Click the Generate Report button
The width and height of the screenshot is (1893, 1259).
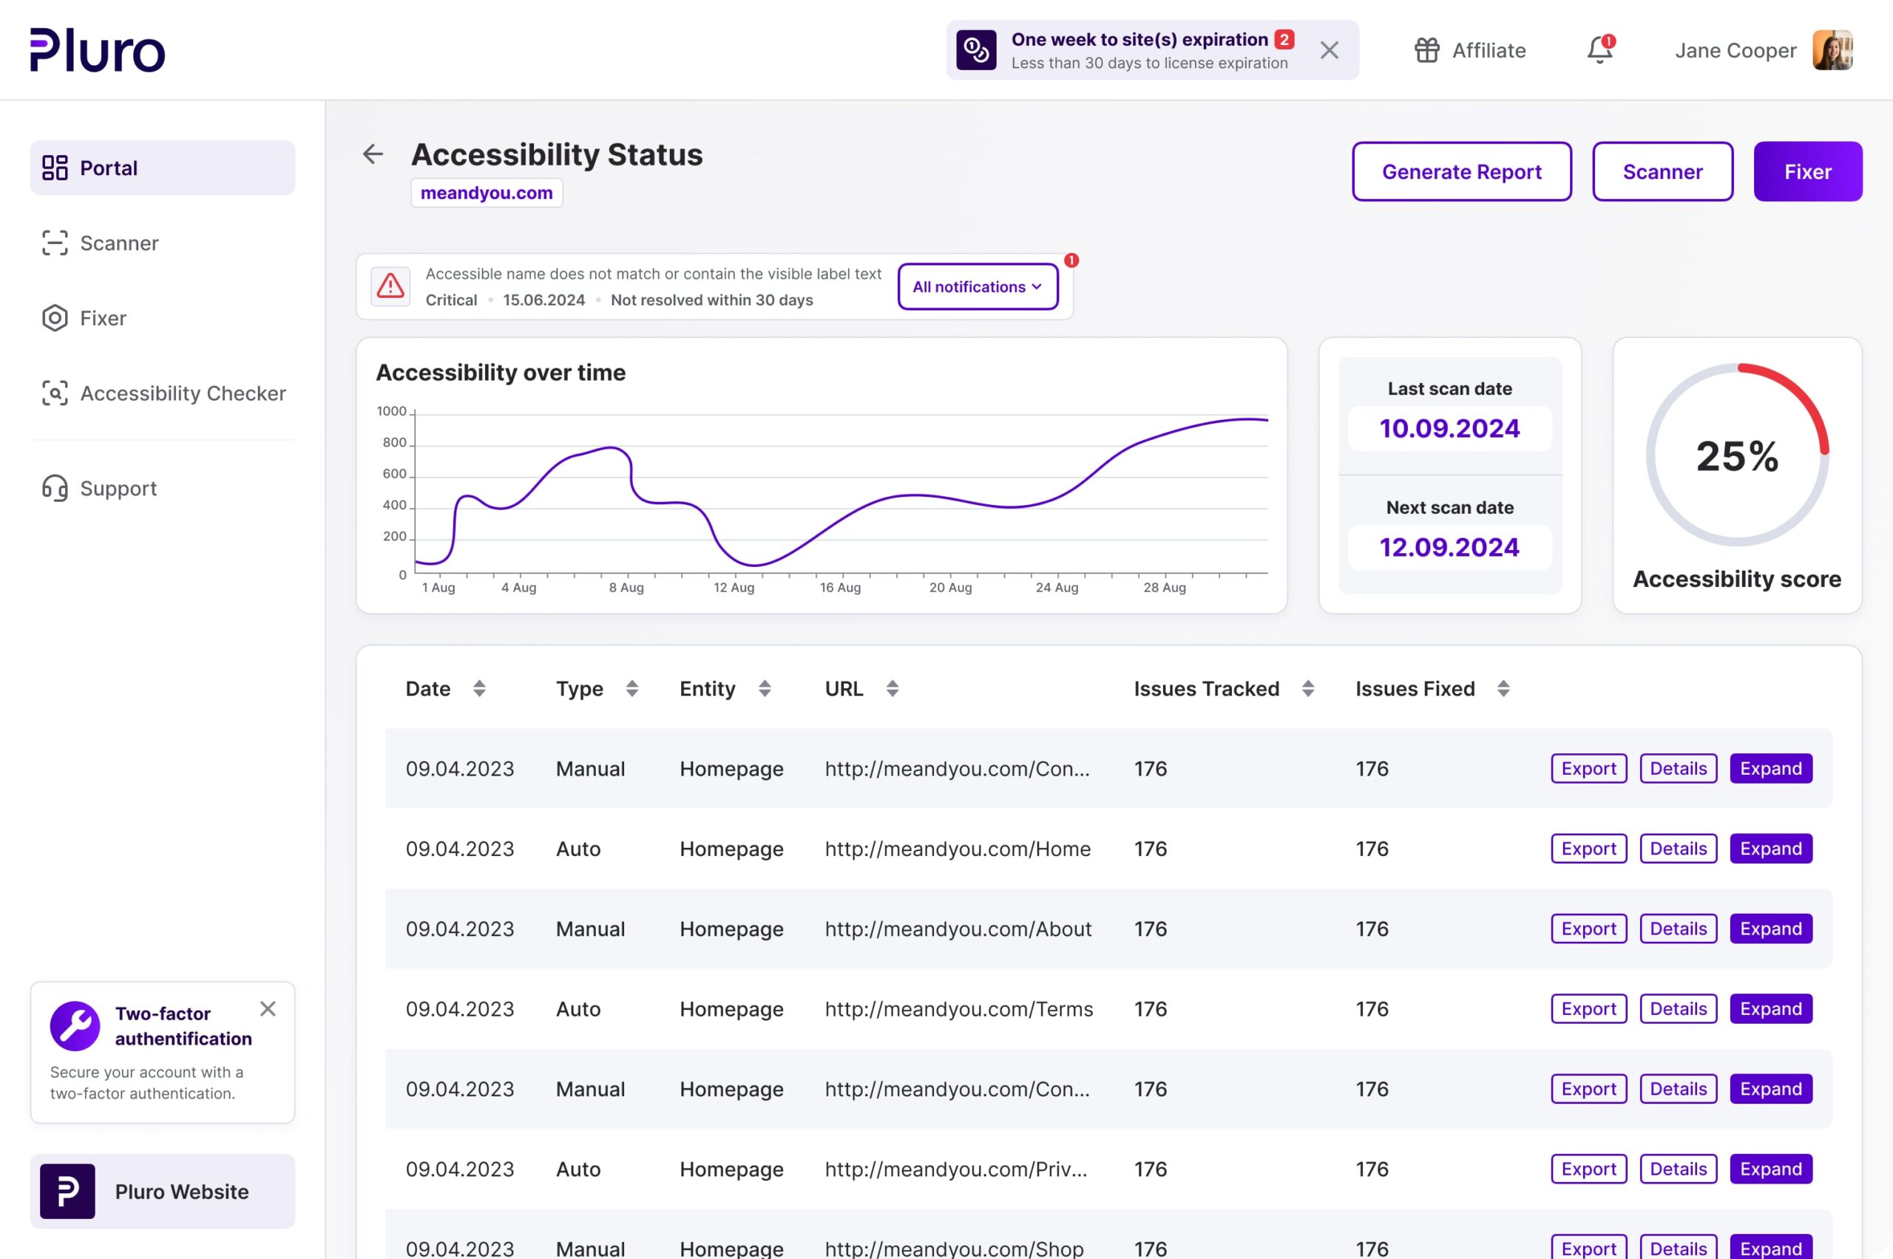coord(1461,172)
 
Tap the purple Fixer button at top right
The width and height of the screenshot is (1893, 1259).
coord(1807,172)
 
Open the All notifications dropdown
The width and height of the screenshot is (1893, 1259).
coord(977,287)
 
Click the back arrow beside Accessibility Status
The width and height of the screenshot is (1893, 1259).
coord(373,155)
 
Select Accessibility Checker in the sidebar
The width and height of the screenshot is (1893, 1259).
coord(183,393)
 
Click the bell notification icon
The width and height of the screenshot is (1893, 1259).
coord(1599,50)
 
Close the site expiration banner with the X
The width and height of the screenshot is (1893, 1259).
coord(1330,50)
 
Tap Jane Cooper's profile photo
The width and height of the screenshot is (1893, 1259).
coord(1832,50)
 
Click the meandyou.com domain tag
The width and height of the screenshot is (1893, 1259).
coord(486,193)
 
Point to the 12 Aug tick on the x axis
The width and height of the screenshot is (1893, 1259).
coord(734,587)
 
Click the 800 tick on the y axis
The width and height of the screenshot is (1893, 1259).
coord(394,442)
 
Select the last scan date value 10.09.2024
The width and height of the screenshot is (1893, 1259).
coord(1449,429)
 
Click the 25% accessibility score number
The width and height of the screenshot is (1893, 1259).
coord(1736,456)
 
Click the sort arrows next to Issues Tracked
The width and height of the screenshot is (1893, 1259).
coord(1307,688)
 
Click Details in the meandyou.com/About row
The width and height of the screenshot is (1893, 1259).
coord(1678,929)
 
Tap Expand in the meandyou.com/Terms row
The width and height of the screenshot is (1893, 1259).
coord(1770,1008)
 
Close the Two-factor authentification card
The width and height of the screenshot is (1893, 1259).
coord(268,1008)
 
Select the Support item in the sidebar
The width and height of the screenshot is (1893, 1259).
coord(118,488)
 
